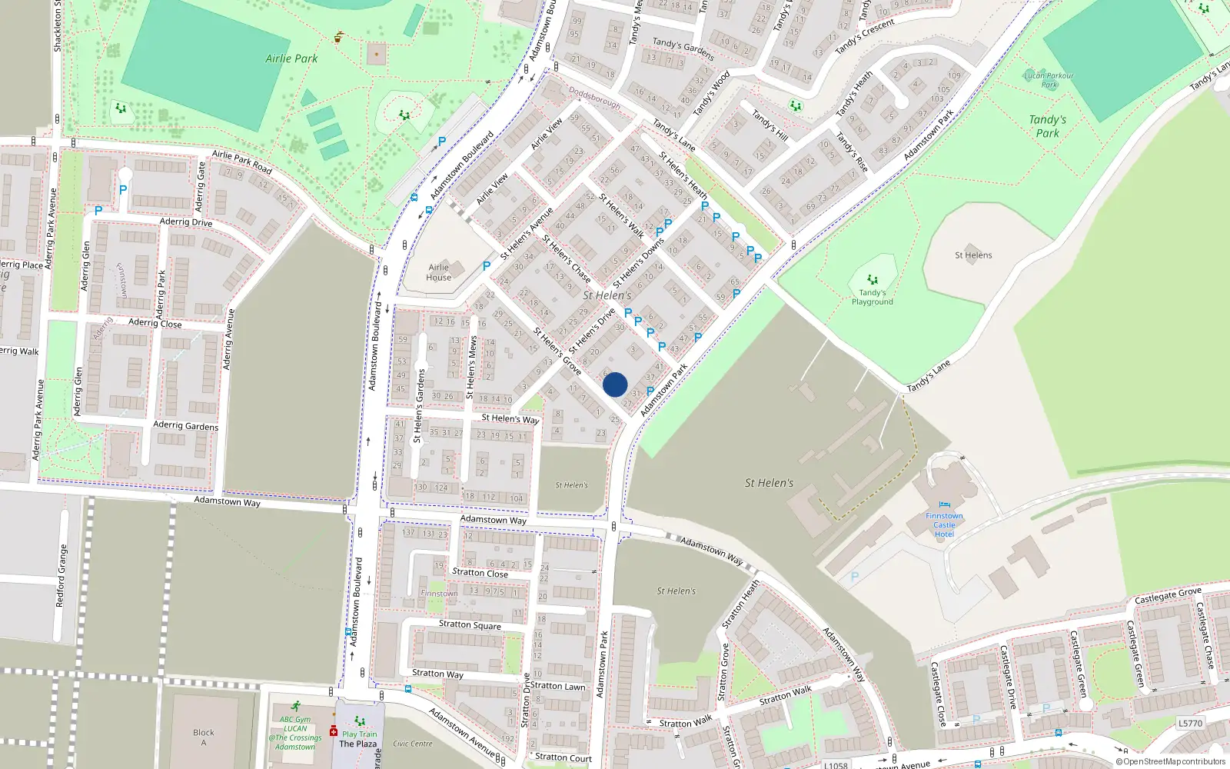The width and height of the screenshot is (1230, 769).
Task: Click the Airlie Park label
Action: pyautogui.click(x=291, y=58)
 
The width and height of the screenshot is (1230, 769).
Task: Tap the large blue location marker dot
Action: pyautogui.click(x=615, y=384)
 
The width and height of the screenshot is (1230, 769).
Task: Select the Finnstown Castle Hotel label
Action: pyautogui.click(x=944, y=525)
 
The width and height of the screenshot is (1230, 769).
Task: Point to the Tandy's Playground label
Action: pyautogui.click(x=873, y=297)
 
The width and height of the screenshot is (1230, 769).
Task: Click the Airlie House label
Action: pyautogui.click(x=439, y=272)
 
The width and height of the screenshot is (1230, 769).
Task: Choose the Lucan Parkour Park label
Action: pyautogui.click(x=1049, y=80)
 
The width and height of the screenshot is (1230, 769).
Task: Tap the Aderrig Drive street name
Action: pyautogui.click(x=186, y=222)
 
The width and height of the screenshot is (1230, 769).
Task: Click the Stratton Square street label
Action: pyautogui.click(x=470, y=625)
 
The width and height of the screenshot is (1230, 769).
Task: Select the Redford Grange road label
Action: pyautogui.click(x=62, y=576)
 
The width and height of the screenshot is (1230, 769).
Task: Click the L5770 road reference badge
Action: pyautogui.click(x=1190, y=723)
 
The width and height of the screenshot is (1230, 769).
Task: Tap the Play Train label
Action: pyautogui.click(x=360, y=734)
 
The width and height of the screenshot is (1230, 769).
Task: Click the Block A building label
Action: pyautogui.click(x=204, y=737)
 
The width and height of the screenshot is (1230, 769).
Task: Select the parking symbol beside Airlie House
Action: pyautogui.click(x=486, y=266)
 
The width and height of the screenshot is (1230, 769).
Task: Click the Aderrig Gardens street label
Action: pyautogui.click(x=185, y=425)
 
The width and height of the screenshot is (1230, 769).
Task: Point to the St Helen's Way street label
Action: pyautogui.click(x=510, y=418)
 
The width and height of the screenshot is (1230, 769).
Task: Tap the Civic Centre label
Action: pyautogui.click(x=413, y=744)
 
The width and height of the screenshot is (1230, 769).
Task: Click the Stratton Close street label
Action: pyautogui.click(x=480, y=572)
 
